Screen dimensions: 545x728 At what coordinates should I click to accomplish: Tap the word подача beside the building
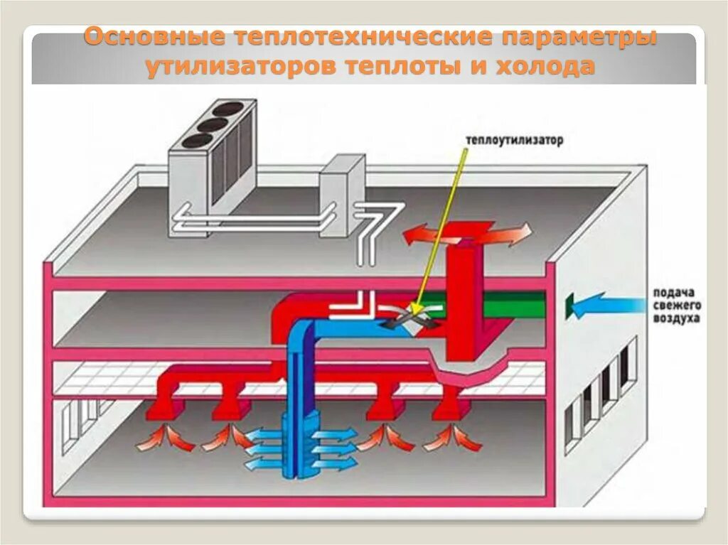coord(671,293)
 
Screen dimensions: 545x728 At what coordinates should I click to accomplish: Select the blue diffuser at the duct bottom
coord(298,444)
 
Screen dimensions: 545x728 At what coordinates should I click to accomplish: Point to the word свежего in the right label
coord(675,306)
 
